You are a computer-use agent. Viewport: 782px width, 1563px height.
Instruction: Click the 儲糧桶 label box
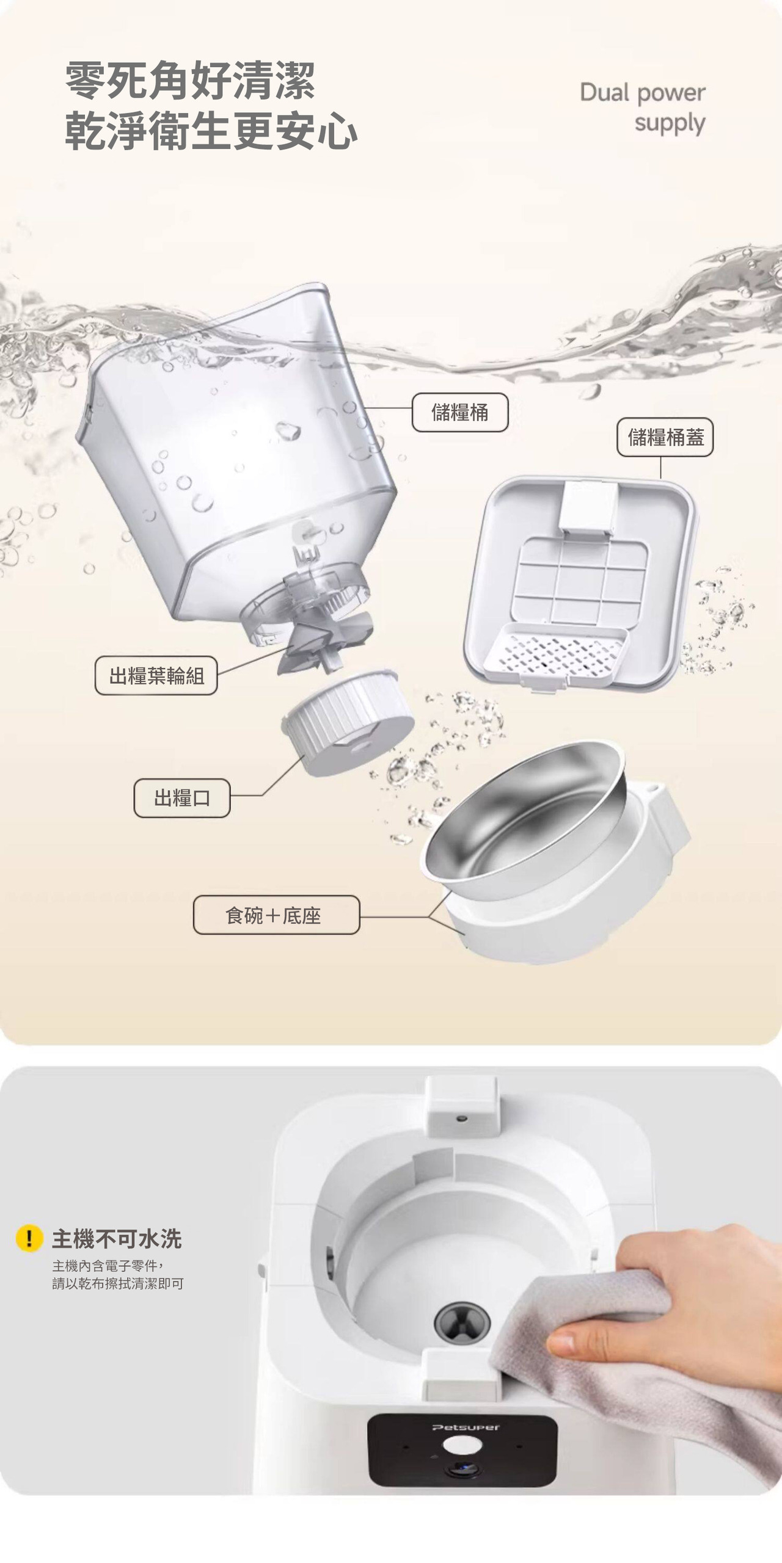click(x=460, y=413)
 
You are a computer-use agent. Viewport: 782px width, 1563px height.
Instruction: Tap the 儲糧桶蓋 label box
click(x=665, y=437)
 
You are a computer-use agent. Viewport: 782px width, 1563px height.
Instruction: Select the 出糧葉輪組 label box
click(x=156, y=676)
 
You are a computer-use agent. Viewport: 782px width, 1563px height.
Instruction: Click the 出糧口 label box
click(x=182, y=798)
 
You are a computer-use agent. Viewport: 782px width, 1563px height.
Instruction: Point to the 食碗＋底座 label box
click(x=276, y=915)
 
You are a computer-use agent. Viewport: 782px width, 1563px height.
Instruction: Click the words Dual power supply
click(x=643, y=107)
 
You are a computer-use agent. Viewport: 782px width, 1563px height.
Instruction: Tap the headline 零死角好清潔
click(x=190, y=80)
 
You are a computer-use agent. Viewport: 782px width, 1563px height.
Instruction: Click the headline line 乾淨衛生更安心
click(x=211, y=131)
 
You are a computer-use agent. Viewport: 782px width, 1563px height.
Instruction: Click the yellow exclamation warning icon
click(x=29, y=1239)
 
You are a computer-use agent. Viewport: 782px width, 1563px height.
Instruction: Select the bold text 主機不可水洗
click(x=117, y=1239)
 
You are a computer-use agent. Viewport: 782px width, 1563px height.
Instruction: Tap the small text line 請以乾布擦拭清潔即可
click(x=118, y=1283)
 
